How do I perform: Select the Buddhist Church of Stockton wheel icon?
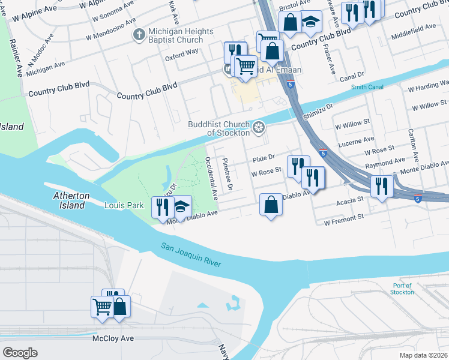tap(259, 127)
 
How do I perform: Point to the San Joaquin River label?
tap(191, 255)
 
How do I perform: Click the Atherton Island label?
tap(71, 200)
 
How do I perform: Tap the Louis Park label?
tap(124, 205)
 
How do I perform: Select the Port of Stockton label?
tap(402, 289)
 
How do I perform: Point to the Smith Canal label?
tap(367, 88)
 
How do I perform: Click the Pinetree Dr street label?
tap(227, 174)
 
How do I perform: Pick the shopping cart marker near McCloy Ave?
tap(102, 306)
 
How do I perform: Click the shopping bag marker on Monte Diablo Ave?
tap(271, 204)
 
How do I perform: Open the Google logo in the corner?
tap(20, 353)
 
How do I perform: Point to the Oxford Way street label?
tap(182, 52)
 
